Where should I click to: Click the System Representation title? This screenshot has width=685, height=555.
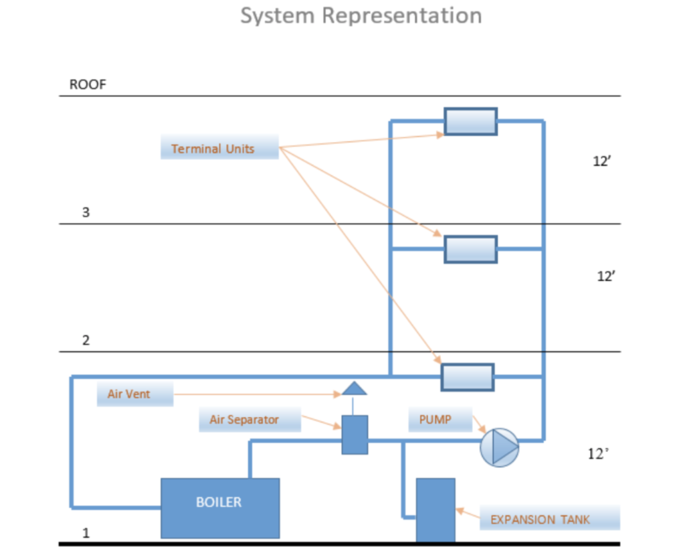click(x=361, y=15)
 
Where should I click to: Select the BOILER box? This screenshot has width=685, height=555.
click(x=219, y=507)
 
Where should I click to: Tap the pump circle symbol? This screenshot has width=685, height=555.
click(x=500, y=447)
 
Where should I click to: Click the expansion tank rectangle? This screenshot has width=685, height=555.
click(x=435, y=509)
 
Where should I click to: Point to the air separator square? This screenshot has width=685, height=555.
click(x=355, y=434)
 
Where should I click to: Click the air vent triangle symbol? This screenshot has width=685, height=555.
click(x=353, y=388)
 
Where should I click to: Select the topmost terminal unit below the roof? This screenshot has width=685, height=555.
click(x=471, y=122)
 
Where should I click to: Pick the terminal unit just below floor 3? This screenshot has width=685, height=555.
click(x=471, y=249)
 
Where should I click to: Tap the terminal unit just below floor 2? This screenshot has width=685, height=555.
click(x=468, y=377)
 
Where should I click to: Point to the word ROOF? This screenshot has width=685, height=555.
click(x=88, y=85)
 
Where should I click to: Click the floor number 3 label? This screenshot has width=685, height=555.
click(x=86, y=213)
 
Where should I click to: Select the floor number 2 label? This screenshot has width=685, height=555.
click(x=86, y=340)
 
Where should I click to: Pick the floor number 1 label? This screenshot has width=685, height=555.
click(x=86, y=534)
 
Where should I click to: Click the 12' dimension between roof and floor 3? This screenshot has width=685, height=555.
click(x=601, y=161)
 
